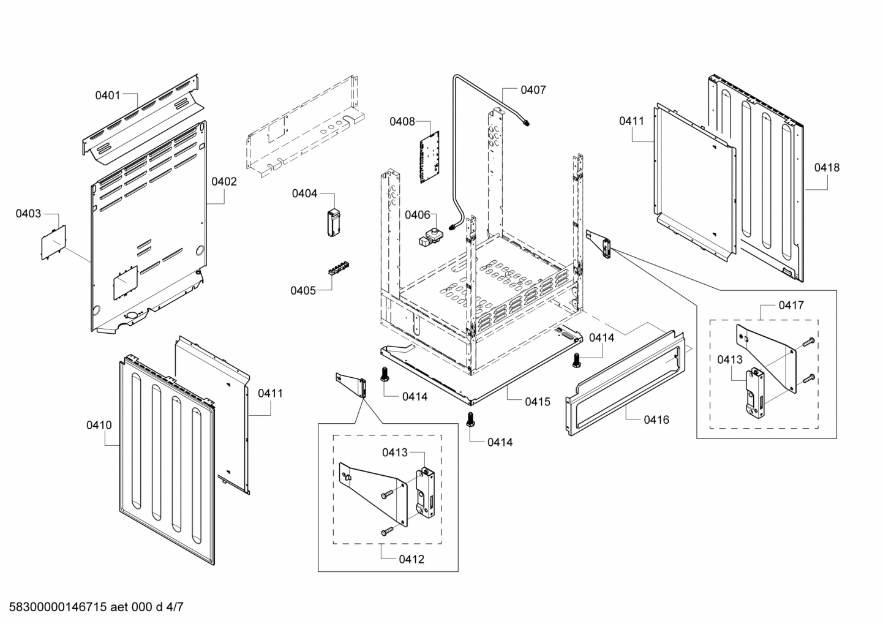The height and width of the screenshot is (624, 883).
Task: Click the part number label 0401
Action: point(107,95)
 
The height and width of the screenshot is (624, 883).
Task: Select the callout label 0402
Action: point(224,181)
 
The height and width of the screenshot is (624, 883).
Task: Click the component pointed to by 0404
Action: point(333,221)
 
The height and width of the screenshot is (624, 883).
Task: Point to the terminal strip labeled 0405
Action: point(339,269)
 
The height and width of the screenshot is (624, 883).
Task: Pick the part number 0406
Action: point(417,214)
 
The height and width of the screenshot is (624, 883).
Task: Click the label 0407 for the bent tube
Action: point(533,90)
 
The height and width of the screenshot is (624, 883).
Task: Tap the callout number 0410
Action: point(99,424)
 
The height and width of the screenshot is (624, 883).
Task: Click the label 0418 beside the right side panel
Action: point(827,167)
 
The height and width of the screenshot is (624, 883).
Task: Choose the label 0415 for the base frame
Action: point(537,402)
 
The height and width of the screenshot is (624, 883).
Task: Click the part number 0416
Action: point(656,419)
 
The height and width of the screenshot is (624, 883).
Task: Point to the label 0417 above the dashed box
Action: point(791,305)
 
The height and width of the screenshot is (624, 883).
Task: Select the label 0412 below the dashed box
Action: point(411,559)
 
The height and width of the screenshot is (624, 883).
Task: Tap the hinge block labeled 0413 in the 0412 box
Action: point(426,492)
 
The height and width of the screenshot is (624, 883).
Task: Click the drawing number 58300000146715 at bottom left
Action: point(55,607)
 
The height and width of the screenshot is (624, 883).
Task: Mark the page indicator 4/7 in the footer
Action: point(175,607)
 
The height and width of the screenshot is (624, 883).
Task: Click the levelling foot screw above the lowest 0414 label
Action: point(470,419)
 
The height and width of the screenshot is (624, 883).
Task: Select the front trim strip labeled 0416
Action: point(628,383)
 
